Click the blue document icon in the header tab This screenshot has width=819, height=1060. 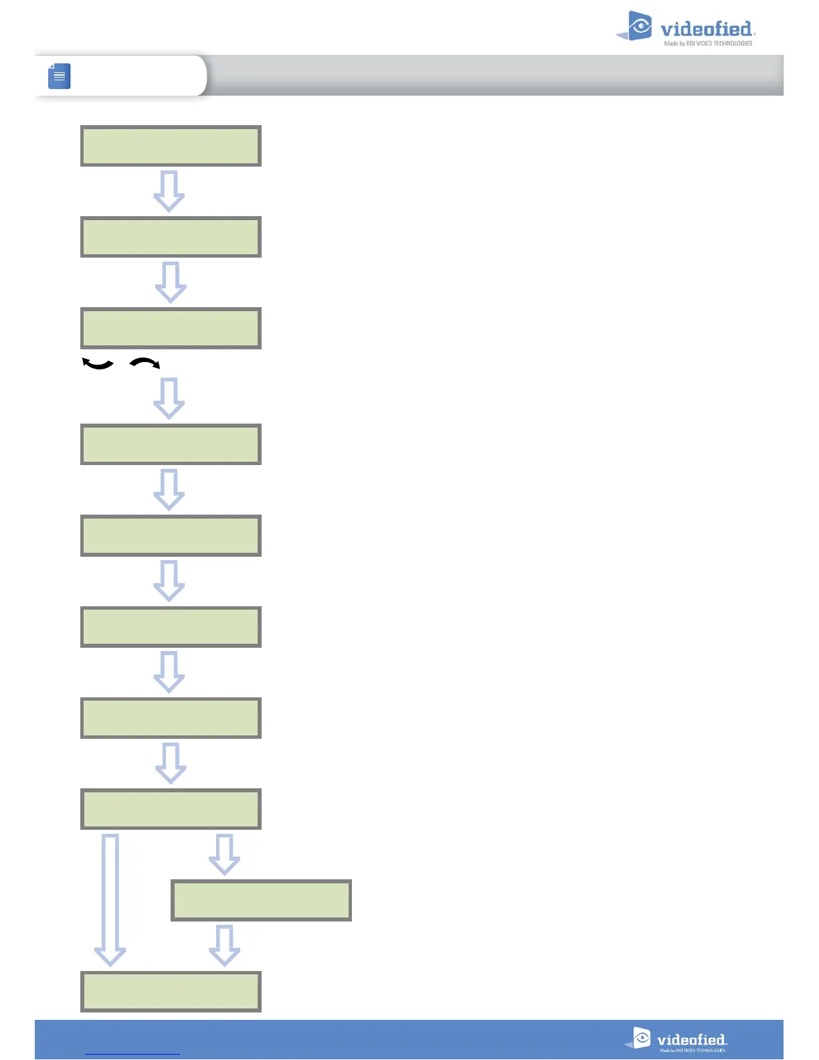tap(60, 76)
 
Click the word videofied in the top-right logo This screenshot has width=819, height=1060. tap(706, 29)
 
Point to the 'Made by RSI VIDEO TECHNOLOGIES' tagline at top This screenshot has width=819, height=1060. tap(708, 43)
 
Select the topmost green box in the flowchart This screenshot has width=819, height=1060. tap(171, 146)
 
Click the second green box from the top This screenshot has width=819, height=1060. tap(171, 237)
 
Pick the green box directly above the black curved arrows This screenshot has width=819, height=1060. tap(171, 328)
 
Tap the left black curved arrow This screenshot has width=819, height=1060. tap(97, 364)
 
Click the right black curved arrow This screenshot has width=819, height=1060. tap(145, 363)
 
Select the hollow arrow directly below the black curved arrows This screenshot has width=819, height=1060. tap(169, 398)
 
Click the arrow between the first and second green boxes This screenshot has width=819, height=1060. tap(169, 191)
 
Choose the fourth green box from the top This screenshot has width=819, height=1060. tap(171, 444)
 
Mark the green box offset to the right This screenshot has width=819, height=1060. tap(261, 900)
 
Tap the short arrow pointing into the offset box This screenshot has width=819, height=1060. tap(224, 854)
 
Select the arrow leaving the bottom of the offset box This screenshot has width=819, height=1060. tap(224, 945)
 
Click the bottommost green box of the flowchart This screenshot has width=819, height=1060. tap(171, 991)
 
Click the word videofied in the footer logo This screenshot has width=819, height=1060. tap(691, 1040)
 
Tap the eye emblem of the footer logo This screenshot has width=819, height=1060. tap(641, 1037)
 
